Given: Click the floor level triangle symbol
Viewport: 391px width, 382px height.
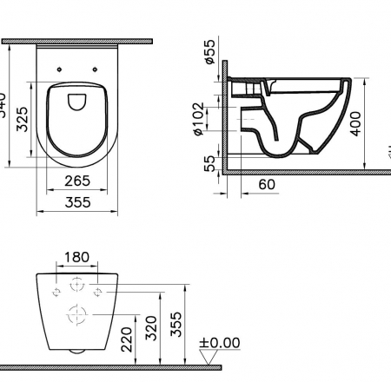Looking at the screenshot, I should tap(207, 356).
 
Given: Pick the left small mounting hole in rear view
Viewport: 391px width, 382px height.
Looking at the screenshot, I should tap(56, 290).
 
